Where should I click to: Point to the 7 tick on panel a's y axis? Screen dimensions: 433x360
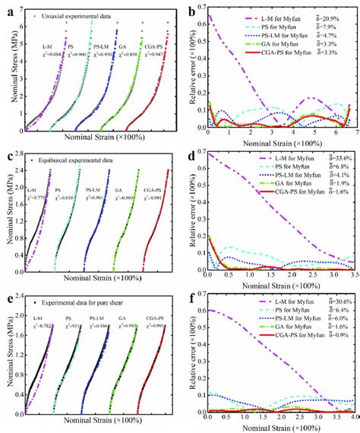pos(17,11)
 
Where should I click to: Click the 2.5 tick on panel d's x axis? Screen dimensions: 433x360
pos(311,277)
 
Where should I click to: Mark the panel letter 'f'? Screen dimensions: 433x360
pos(189,296)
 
